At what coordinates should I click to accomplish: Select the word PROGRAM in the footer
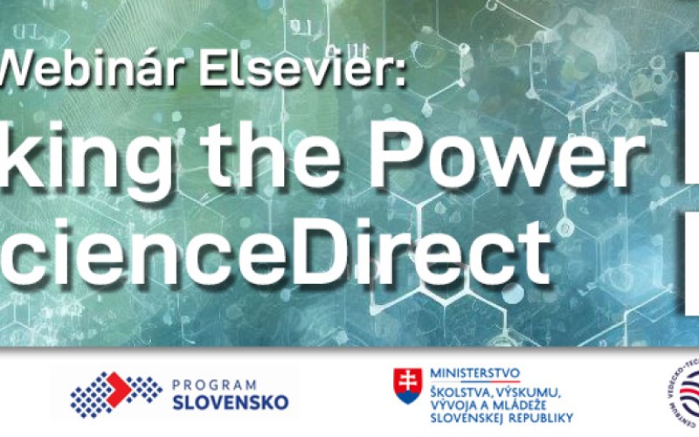tap(214, 385)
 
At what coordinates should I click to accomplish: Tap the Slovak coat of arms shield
tap(406, 385)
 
